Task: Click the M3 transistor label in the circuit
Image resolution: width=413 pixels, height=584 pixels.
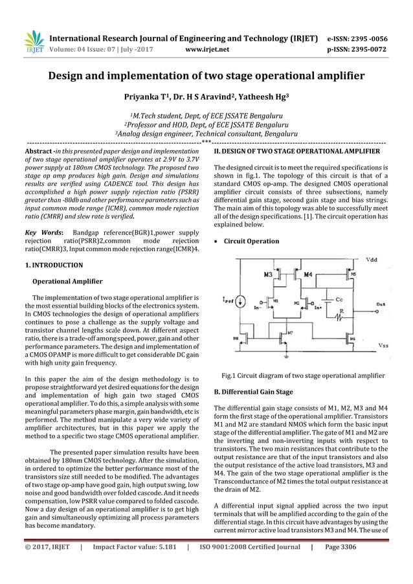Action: coord(268,275)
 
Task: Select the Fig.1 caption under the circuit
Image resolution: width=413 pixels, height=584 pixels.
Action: coord(303,376)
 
